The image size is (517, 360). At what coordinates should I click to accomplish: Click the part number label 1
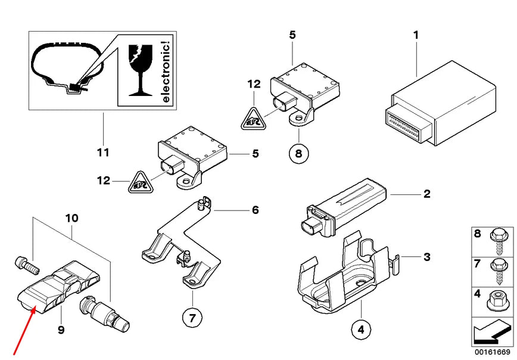coord(416,35)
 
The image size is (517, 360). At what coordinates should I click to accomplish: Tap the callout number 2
coord(426,194)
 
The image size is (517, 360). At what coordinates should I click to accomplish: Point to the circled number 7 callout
coord(192,318)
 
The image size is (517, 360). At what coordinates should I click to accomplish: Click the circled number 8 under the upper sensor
coord(298,154)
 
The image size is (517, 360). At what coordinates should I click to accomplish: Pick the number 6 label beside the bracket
coord(255,210)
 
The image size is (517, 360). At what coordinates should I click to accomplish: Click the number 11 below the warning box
coord(103,153)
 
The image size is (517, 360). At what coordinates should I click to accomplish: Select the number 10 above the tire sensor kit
coord(71,218)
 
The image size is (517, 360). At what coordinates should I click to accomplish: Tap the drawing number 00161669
coord(491,350)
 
